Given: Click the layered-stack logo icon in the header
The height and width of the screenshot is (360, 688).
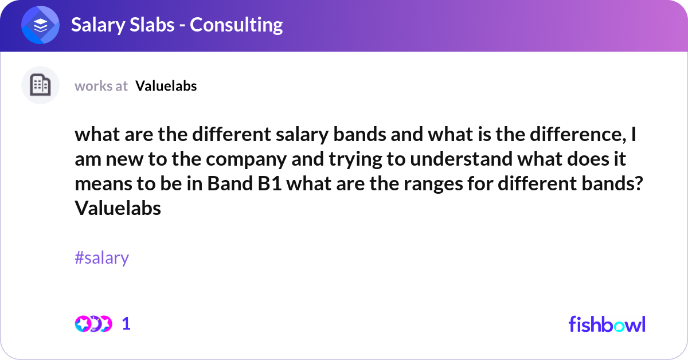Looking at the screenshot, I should (40, 25).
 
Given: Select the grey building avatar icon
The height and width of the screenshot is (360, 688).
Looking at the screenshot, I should (40, 85).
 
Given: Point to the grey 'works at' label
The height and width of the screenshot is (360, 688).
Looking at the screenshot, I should (101, 86).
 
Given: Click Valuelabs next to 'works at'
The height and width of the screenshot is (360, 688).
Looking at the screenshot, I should (166, 86).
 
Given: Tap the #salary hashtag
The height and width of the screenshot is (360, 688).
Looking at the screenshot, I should (101, 258).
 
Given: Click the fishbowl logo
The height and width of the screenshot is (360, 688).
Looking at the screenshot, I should (607, 324).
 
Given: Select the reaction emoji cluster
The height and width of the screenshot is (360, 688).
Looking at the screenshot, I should (93, 324).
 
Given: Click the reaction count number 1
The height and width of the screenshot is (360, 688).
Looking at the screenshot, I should (126, 324).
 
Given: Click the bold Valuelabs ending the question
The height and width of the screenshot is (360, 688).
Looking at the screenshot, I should (118, 209).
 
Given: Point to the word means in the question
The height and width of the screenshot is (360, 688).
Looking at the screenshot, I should (102, 185).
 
